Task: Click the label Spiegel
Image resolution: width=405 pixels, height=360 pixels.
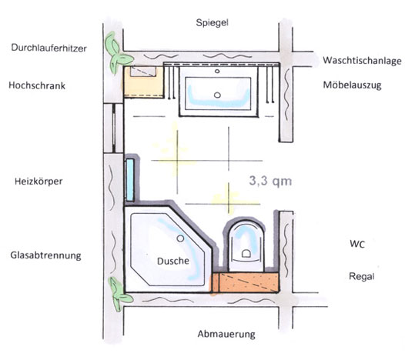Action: (212, 23)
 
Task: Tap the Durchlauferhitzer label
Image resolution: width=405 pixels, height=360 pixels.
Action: (49, 48)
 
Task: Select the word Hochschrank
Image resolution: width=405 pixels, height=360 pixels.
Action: (37, 85)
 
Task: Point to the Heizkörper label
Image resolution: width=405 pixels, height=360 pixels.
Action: (38, 182)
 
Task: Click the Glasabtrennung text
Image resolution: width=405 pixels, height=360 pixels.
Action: (45, 255)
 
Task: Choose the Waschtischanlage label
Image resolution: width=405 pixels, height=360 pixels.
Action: (362, 61)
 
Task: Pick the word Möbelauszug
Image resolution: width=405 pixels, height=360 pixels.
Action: (353, 85)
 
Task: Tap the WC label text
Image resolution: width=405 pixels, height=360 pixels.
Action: (357, 244)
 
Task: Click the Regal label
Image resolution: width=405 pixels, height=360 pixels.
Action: (362, 276)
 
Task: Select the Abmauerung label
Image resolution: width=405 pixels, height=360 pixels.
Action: (226, 334)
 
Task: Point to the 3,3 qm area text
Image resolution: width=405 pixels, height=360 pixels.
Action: (270, 181)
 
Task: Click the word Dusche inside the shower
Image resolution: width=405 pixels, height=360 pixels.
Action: (173, 262)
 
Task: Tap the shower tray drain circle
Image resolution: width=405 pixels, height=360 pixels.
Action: (180, 238)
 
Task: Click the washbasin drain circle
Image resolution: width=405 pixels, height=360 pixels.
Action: (217, 95)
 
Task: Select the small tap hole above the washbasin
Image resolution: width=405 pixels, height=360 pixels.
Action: (217, 72)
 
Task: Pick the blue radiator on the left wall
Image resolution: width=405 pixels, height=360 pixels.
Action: (130, 180)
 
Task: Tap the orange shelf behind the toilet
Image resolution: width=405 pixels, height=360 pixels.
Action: (246, 282)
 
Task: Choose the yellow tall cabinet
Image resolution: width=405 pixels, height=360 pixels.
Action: (144, 82)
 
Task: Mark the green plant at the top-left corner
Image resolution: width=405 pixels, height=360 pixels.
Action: (116, 53)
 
